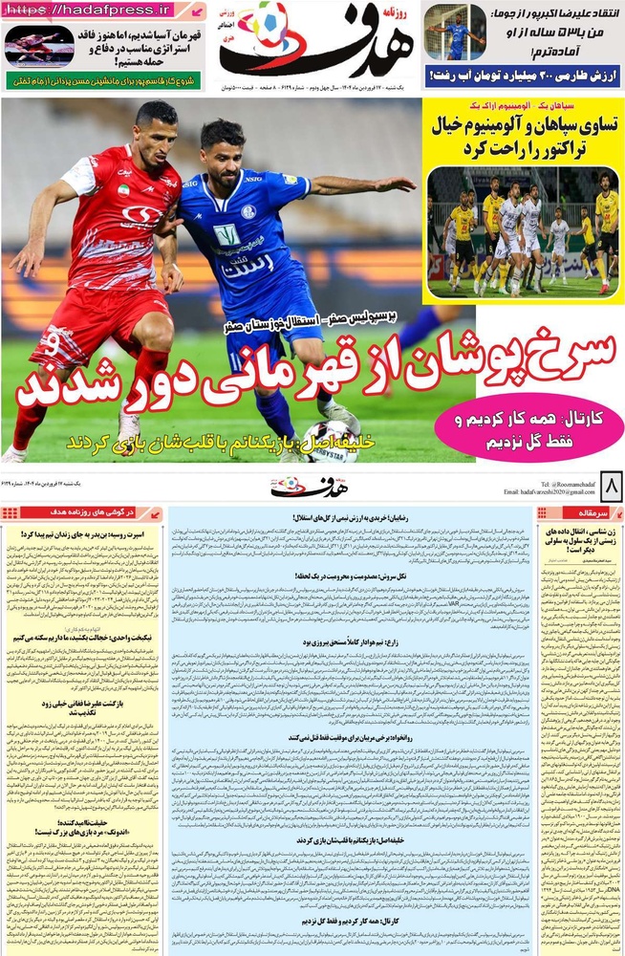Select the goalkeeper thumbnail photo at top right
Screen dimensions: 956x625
[454, 33]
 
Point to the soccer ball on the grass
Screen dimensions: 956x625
[331, 441]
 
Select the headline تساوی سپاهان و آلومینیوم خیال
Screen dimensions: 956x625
[524, 136]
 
